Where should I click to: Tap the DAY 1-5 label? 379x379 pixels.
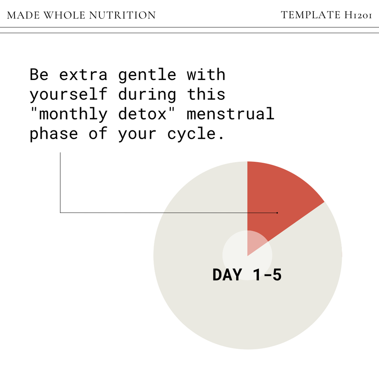(247, 275)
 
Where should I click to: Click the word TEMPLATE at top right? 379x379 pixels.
(310, 15)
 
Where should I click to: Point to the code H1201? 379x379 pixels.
(358, 15)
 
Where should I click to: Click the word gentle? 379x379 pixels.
(147, 75)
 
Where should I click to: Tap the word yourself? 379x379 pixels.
(69, 94)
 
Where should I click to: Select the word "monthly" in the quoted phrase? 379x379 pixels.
(69, 114)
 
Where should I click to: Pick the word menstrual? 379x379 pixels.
(230, 114)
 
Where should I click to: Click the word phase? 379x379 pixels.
(54, 134)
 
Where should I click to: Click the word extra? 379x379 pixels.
(83, 75)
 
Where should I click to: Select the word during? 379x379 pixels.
(147, 94)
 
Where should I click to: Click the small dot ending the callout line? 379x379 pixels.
(277, 213)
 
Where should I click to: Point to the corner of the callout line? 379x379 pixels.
(60, 213)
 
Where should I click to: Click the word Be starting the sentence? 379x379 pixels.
(39, 75)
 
